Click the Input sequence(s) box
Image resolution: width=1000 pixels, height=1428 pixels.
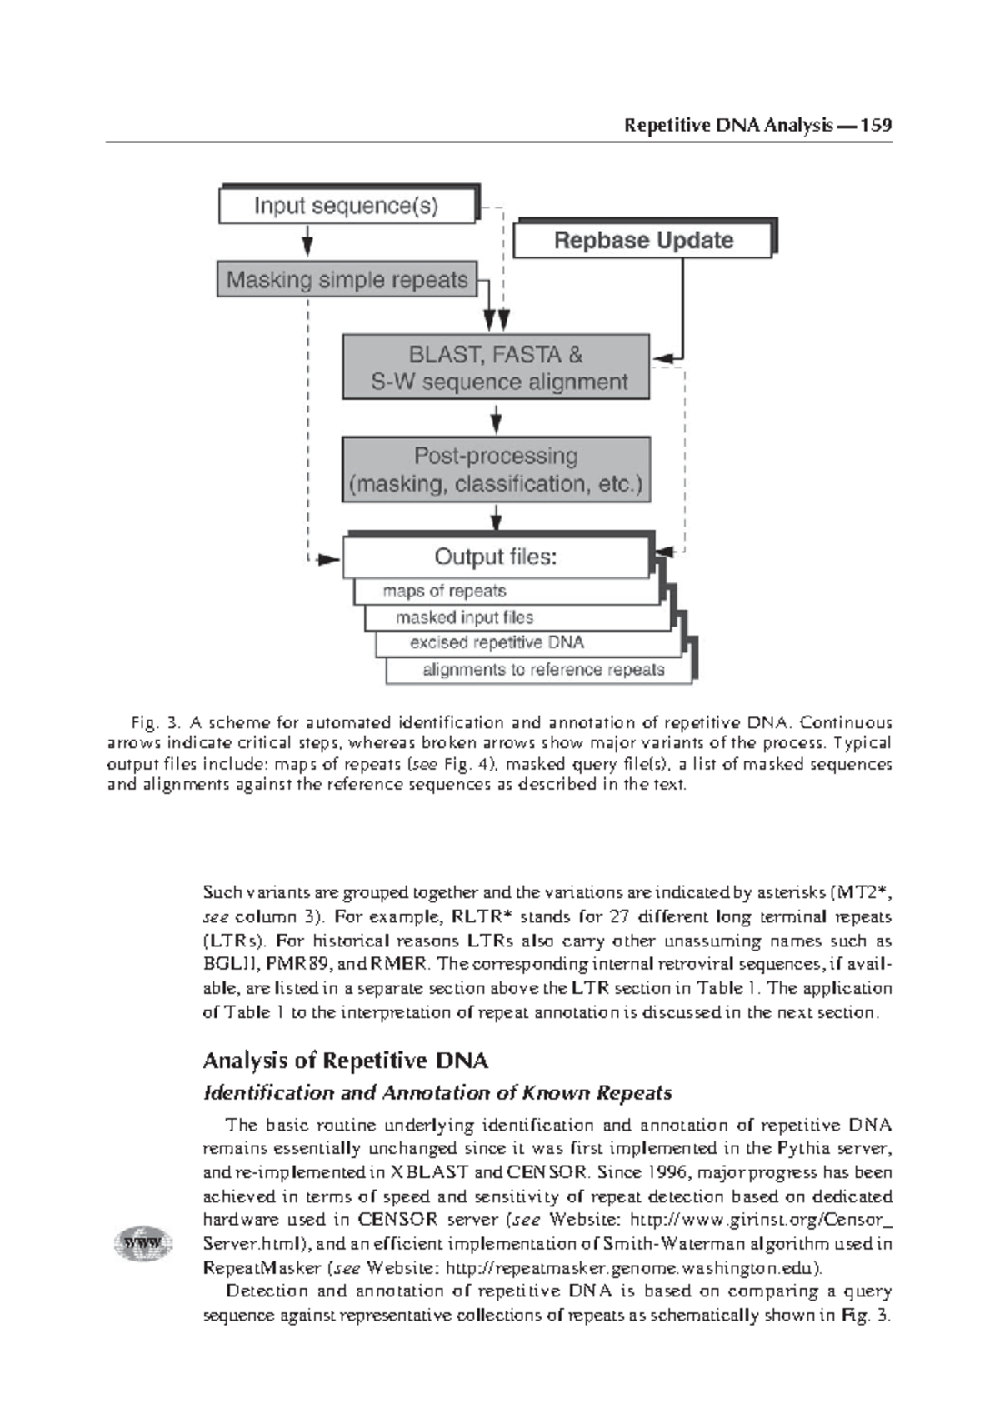[x=347, y=206]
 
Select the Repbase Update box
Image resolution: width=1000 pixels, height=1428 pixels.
[x=642, y=241]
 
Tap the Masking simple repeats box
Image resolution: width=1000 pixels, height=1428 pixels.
[x=347, y=280]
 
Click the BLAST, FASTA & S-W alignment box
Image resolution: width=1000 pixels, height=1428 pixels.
[x=496, y=368]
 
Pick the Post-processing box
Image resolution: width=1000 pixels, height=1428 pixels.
[x=496, y=470]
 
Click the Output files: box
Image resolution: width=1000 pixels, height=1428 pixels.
[x=495, y=557]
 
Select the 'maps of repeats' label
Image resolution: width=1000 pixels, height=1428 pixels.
[x=444, y=592]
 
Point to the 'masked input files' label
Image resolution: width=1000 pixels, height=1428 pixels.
[x=464, y=617]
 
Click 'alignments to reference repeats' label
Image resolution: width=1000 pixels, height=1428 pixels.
[x=543, y=670]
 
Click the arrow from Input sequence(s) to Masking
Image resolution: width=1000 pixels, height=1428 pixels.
[x=307, y=242]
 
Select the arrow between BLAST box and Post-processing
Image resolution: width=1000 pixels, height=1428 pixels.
[x=497, y=418]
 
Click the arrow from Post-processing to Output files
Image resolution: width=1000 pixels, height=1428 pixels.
[x=497, y=518]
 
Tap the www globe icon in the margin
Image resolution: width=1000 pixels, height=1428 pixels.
[x=142, y=1244]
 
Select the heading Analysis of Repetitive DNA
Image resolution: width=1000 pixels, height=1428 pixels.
[x=345, y=1061]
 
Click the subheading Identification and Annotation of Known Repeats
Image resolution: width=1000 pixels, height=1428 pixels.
[x=437, y=1093]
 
